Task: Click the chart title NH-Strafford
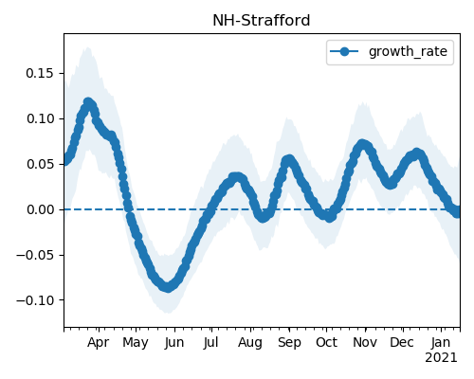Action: [x=262, y=21]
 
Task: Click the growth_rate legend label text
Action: [x=408, y=51]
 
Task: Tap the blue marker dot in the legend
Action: [x=344, y=51]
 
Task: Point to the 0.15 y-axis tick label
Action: [x=40, y=73]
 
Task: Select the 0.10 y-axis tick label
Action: [x=40, y=118]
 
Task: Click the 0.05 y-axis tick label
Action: [x=40, y=164]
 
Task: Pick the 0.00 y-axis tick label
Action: [x=40, y=209]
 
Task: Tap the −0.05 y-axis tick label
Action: [x=35, y=255]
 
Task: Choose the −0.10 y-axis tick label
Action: [x=35, y=300]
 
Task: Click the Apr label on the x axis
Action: [x=99, y=343]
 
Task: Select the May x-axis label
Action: [x=136, y=343]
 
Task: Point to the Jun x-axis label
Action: [x=174, y=343]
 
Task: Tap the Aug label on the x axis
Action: [x=250, y=343]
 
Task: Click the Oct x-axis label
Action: [x=326, y=342]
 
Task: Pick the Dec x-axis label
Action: [x=402, y=342]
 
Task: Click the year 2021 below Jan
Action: [x=441, y=358]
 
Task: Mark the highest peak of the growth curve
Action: [x=88, y=102]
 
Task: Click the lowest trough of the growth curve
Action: [x=168, y=287]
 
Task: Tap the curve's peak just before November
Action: [x=363, y=144]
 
